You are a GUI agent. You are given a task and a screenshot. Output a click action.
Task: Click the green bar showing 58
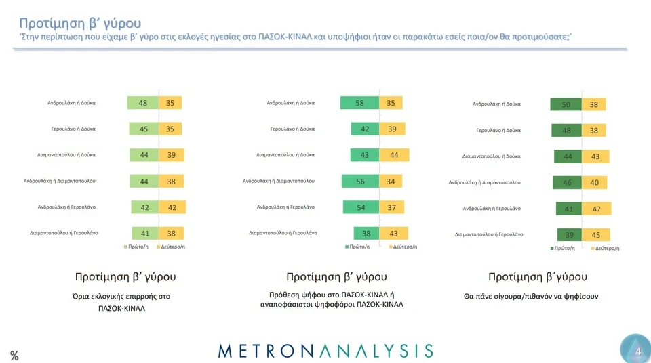click(x=359, y=103)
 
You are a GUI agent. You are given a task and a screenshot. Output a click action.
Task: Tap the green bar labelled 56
click(x=360, y=181)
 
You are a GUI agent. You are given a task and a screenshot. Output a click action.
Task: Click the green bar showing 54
click(x=361, y=207)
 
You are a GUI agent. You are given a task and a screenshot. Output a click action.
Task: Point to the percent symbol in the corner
click(x=14, y=356)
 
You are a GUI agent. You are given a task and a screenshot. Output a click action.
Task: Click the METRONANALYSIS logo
click(x=325, y=350)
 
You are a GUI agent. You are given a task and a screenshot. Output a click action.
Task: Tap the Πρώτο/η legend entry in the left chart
click(x=136, y=247)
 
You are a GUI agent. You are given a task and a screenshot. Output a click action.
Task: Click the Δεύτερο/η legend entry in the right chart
click(x=605, y=249)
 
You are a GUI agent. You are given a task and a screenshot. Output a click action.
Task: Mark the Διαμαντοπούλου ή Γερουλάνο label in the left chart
click(x=64, y=232)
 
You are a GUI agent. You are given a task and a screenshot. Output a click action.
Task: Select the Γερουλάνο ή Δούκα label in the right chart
click(x=498, y=129)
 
